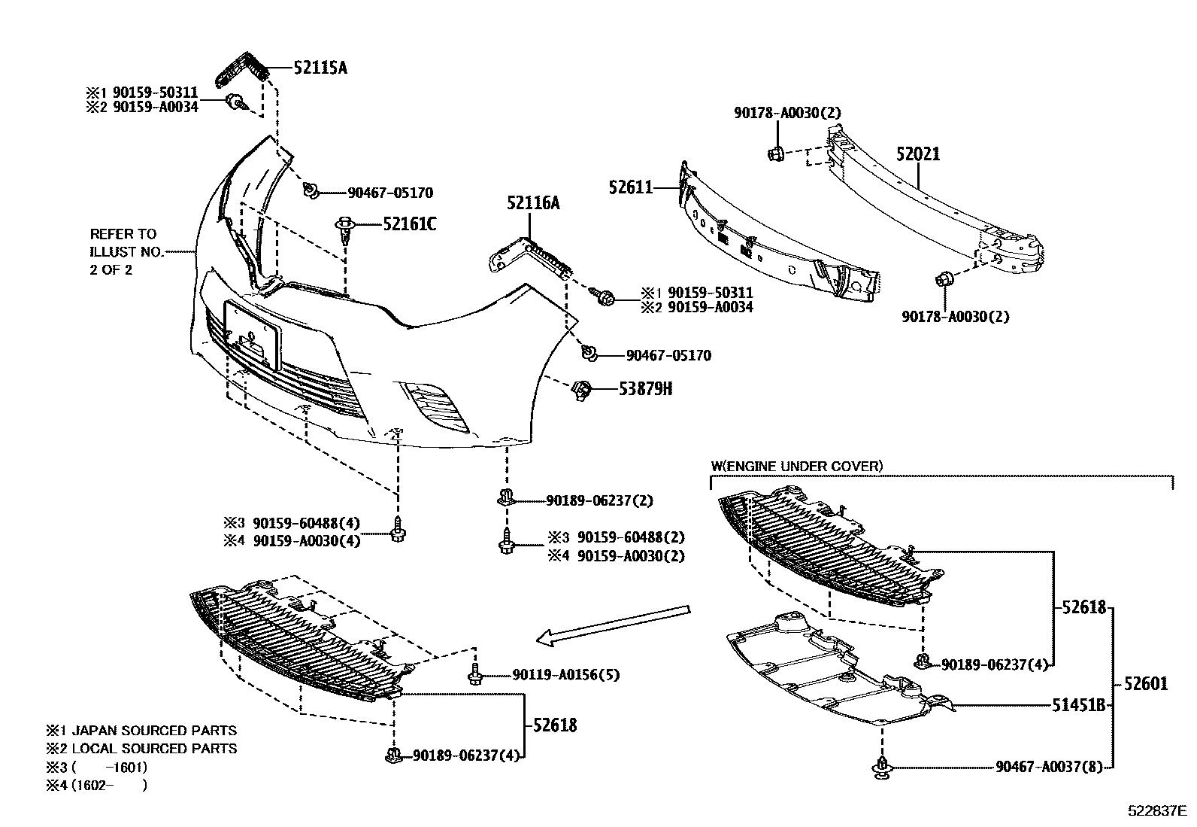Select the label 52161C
click(409, 224)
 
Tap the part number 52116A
click(532, 203)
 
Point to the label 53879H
click(644, 389)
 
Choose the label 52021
click(917, 154)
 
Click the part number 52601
click(1146, 684)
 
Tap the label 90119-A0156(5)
click(566, 675)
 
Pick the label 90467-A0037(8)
click(1049, 767)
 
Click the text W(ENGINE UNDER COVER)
click(796, 467)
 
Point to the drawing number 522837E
click(1156, 811)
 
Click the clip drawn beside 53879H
click(582, 389)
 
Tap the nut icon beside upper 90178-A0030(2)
click(777, 154)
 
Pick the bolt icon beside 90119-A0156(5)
click(474, 674)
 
